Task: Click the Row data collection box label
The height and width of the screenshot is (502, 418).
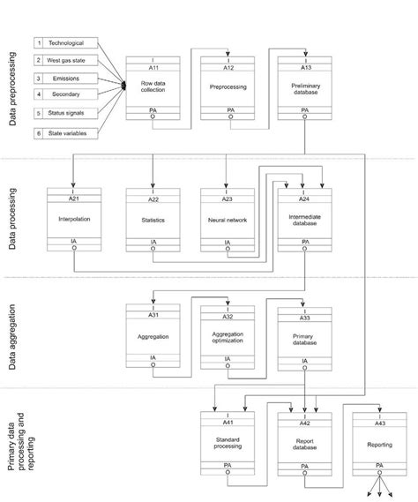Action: (x=154, y=88)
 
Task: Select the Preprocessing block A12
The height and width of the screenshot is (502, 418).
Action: (x=228, y=87)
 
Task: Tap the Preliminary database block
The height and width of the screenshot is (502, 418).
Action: (x=305, y=87)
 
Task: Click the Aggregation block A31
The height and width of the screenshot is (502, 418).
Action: (x=153, y=336)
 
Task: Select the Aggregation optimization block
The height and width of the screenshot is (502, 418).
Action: (x=228, y=340)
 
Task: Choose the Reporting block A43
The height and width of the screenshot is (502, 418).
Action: (x=379, y=444)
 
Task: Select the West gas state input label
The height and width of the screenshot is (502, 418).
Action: (x=71, y=59)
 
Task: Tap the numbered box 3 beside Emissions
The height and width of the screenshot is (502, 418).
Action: (x=38, y=77)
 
